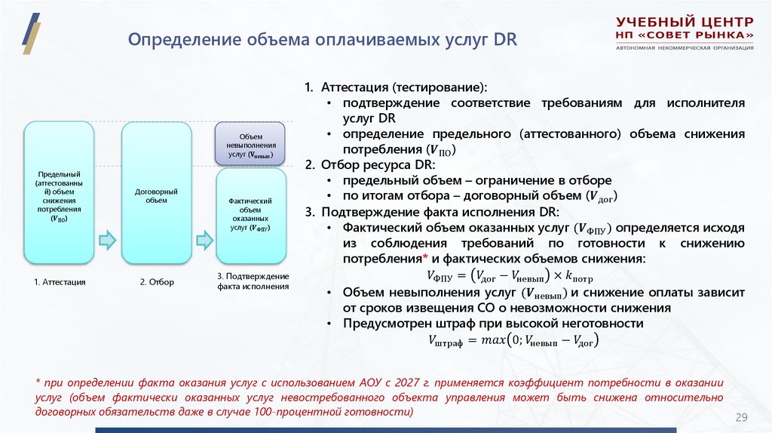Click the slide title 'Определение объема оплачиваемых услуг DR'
(x=322, y=40)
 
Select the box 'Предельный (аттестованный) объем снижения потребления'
(x=60, y=192)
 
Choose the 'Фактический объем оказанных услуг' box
(x=251, y=215)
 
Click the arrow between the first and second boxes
(x=109, y=240)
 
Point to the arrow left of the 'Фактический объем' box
(x=204, y=240)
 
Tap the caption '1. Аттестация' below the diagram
(x=60, y=282)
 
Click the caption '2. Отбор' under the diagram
(x=157, y=282)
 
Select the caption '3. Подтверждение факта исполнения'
(x=253, y=281)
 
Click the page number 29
(x=740, y=418)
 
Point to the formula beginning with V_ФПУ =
(x=509, y=275)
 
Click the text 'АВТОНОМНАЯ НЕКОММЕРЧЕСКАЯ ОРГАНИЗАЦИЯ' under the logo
(x=685, y=48)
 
